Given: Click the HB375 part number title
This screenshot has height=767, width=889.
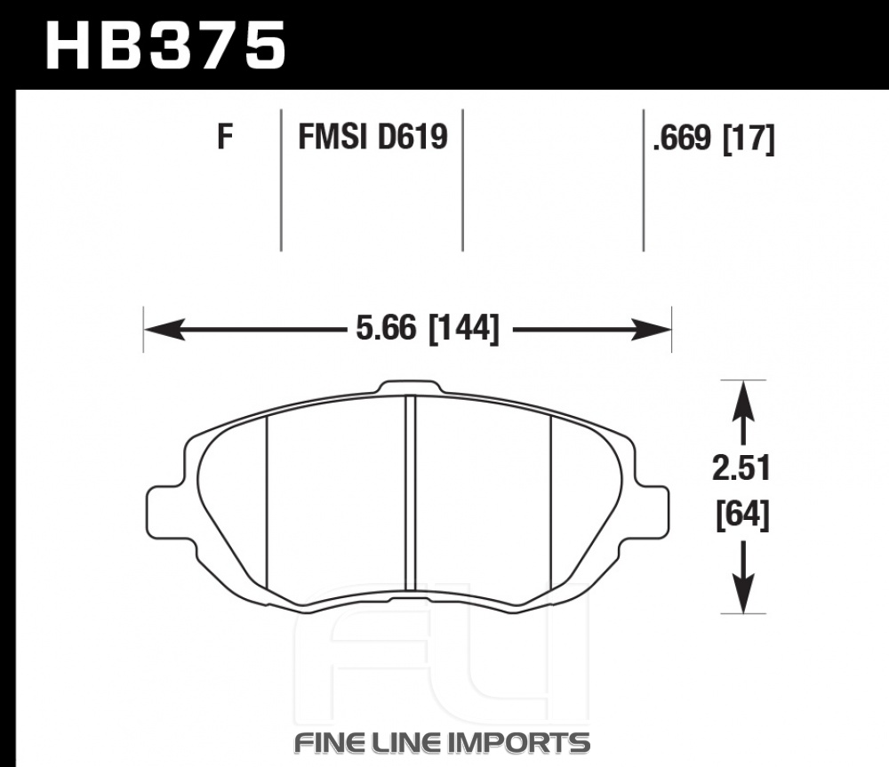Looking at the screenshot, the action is coord(165,45).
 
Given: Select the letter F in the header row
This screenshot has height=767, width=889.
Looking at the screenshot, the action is coord(225,137).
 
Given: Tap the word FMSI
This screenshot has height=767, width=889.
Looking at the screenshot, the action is coord(332,137).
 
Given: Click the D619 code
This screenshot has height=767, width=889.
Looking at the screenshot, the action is coord(412,137).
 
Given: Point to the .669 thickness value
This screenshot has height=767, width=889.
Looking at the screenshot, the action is coord(682,138).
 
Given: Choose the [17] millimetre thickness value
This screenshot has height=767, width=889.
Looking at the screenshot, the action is coord(749,139).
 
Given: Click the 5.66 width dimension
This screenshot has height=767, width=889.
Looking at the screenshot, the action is coord(386,328).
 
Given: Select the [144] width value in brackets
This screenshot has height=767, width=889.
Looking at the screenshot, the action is coord(464,329).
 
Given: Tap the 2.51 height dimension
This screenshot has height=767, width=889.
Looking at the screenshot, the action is coord(741,468).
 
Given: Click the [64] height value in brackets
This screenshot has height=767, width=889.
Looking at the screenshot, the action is coord(742,515).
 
